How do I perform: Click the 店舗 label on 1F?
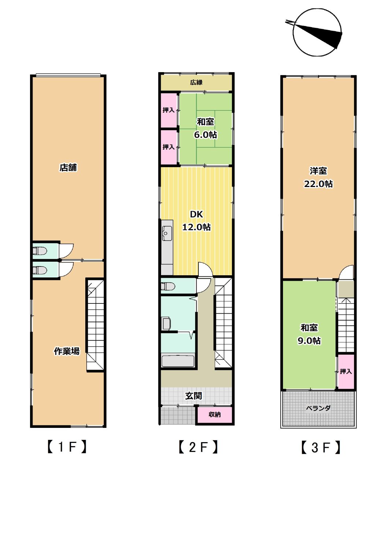point(68,168)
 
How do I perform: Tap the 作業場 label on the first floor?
point(67,351)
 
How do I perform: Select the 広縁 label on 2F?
point(196,82)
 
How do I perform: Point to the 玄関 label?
point(194,396)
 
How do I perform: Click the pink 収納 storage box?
point(214,414)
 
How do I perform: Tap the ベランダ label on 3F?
point(318,408)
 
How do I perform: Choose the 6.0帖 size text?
point(205,135)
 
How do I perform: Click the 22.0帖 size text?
point(318,184)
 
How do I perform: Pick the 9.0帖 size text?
point(309,341)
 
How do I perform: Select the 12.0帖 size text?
point(196,227)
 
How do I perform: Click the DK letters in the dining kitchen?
point(196,214)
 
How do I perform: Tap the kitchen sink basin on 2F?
point(167,231)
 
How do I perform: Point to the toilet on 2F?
point(168,286)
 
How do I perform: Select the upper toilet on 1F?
point(40,251)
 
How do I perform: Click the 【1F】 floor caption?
point(67,447)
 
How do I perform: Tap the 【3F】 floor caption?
point(321,447)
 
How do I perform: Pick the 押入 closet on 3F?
point(346,371)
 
